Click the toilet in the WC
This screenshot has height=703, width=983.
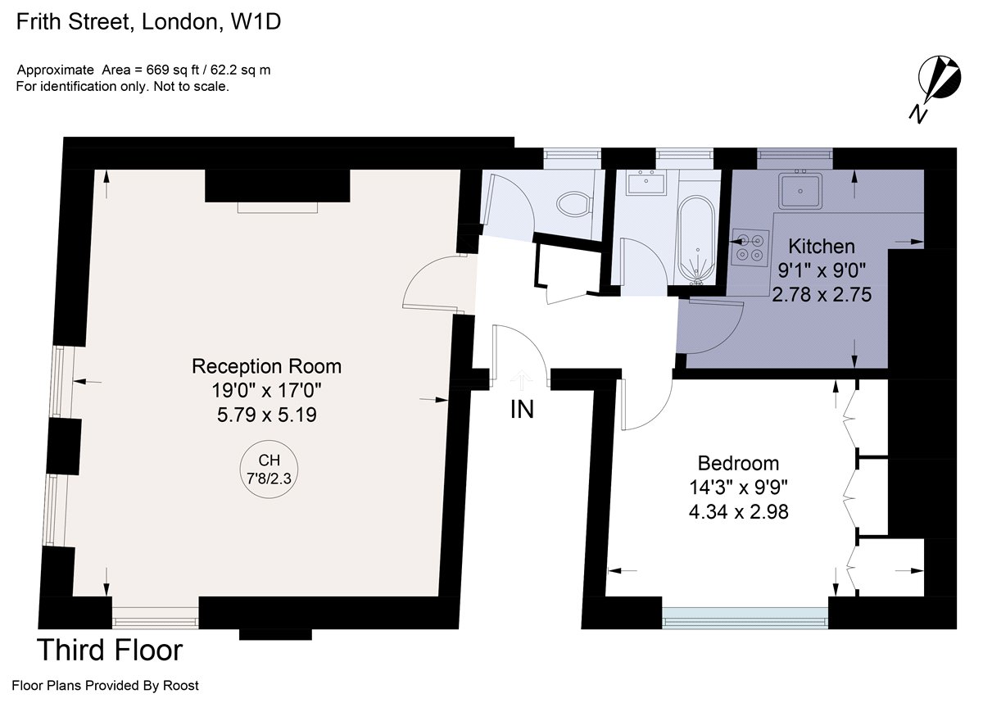click(x=573, y=204)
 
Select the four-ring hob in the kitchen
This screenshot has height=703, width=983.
click(x=750, y=247)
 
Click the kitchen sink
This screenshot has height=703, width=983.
click(x=800, y=191)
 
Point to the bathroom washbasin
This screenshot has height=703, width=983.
click(x=646, y=183)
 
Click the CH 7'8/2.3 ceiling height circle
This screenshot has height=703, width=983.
click(x=269, y=469)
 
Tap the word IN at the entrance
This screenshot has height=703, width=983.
click(x=522, y=410)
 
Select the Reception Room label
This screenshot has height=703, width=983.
click(x=266, y=366)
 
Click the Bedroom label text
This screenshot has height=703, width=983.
click(x=739, y=464)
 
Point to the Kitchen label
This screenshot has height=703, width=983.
click(x=822, y=246)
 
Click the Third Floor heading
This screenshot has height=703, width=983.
click(x=110, y=650)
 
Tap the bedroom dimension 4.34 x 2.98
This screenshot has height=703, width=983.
click(x=739, y=511)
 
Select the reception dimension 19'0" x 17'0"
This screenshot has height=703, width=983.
click(x=266, y=390)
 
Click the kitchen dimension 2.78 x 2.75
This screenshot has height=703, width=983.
click(x=822, y=294)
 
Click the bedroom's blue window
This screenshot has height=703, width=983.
click(x=745, y=619)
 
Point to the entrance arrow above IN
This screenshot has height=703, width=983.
click(x=521, y=380)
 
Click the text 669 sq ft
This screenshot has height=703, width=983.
click(x=173, y=70)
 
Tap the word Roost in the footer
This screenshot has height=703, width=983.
click(x=180, y=686)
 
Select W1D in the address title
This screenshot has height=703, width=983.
click(x=256, y=22)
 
